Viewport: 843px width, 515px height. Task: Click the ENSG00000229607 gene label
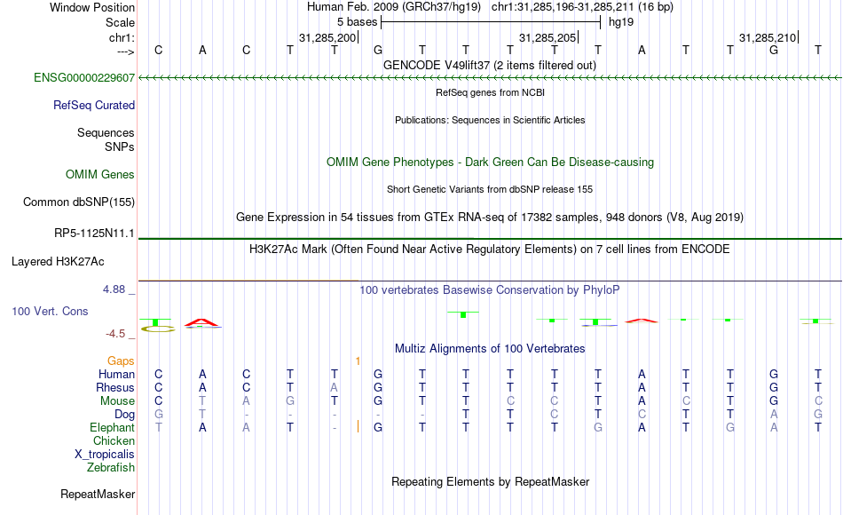coord(84,77)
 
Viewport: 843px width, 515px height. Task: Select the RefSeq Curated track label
coord(94,105)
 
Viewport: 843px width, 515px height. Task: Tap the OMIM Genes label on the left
coord(100,174)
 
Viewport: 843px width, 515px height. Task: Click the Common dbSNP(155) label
coord(79,202)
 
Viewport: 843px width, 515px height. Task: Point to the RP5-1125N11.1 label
coord(94,233)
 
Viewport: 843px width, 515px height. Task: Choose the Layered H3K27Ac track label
coord(58,262)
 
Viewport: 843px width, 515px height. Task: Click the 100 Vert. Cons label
coord(50,311)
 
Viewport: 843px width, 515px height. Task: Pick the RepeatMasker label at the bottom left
coord(98,494)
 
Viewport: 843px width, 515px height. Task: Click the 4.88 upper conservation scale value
coord(114,289)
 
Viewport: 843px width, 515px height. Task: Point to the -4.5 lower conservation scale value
coord(115,334)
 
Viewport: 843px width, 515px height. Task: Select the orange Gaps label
coord(121,360)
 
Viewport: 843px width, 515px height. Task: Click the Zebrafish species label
coord(111,467)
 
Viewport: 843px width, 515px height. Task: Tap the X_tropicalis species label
coord(105,455)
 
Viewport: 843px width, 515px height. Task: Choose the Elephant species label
coord(113,427)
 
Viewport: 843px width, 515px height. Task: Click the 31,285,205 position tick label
coord(548,37)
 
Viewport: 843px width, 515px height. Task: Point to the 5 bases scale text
coord(357,22)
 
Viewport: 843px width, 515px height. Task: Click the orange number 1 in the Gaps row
coord(358,361)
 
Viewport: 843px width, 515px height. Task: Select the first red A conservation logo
coord(201,323)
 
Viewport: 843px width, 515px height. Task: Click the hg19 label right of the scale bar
coord(621,22)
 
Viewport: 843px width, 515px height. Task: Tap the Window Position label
coord(92,7)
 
